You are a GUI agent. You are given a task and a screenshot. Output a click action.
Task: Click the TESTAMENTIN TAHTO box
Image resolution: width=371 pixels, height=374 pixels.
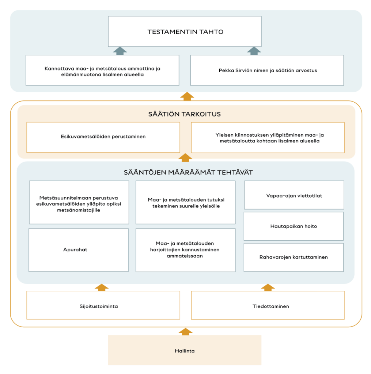[x=185, y=31]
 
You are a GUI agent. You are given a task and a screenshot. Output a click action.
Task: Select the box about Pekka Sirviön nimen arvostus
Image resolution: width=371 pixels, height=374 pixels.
[x=267, y=70]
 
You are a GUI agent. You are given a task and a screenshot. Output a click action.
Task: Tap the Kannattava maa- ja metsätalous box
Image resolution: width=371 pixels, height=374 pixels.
[x=102, y=70]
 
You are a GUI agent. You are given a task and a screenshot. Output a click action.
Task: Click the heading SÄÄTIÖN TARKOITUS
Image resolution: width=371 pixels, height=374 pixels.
[x=185, y=114]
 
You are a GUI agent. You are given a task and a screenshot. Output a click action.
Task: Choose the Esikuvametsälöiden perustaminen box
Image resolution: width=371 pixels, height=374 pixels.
[x=103, y=137]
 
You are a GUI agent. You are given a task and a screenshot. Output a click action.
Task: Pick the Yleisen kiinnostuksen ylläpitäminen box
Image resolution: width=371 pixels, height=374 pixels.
[x=268, y=138]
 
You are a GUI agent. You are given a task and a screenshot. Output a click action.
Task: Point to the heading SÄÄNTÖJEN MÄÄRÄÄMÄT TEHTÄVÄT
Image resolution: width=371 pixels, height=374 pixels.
[x=188, y=172]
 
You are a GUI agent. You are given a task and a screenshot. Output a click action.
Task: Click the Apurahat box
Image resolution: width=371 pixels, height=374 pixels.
[x=79, y=250]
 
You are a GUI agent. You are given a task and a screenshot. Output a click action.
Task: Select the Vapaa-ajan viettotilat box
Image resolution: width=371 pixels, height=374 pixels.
[x=294, y=195]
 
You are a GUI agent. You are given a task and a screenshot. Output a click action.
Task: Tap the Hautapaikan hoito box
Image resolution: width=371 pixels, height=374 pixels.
[x=294, y=226]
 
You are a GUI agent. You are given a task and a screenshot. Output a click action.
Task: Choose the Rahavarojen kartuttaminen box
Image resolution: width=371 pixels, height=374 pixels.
[x=294, y=257]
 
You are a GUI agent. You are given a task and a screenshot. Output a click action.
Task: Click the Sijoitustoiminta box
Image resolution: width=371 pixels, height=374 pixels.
[x=103, y=305]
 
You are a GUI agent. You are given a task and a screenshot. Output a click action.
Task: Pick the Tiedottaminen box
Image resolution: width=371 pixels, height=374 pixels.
[x=268, y=305]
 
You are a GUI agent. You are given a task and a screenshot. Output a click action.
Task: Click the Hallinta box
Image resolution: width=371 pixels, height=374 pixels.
[x=185, y=350]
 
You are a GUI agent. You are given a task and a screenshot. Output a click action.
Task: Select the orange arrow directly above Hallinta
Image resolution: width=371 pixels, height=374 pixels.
[x=186, y=332]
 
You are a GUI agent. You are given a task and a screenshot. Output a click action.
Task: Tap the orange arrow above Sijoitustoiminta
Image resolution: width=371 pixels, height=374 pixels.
[x=102, y=287]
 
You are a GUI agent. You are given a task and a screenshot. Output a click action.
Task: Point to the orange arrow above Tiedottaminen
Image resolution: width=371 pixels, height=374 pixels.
[x=268, y=287]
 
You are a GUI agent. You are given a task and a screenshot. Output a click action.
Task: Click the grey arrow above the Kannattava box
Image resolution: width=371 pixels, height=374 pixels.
[x=120, y=51]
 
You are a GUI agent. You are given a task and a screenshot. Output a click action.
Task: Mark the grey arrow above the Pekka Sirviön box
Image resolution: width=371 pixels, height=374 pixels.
[x=254, y=51]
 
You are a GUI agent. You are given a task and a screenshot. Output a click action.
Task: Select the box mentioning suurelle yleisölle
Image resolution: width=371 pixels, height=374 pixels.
[x=186, y=202]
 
